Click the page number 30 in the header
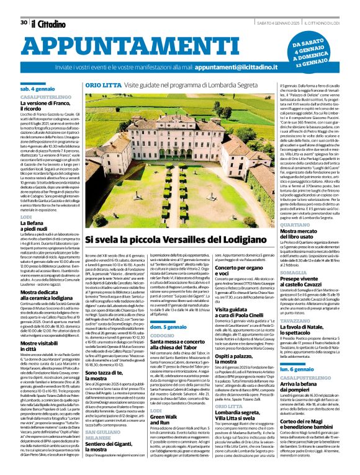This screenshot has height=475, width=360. (x=22, y=6)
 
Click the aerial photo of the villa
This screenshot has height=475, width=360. (x=168, y=149)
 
